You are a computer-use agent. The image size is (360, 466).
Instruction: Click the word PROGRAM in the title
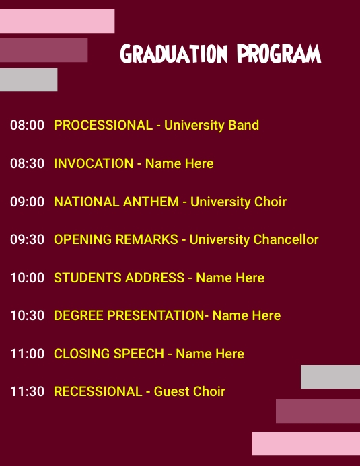pyautogui.click(x=279, y=54)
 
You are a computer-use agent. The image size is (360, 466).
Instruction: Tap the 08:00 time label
pyautogui.click(x=27, y=125)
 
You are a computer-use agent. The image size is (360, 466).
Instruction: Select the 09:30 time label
pyautogui.click(x=27, y=239)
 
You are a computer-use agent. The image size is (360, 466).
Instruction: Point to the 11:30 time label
pyautogui.click(x=27, y=391)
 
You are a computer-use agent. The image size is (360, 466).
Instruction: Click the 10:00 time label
pyautogui.click(x=27, y=278)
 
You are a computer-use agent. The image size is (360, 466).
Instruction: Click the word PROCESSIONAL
pyautogui.click(x=103, y=125)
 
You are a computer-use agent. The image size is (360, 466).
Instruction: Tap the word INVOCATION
pyautogui.click(x=94, y=163)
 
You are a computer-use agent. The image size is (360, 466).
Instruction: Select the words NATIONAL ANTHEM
pyautogui.click(x=116, y=202)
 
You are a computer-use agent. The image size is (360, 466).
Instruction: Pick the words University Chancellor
pyautogui.click(x=254, y=239)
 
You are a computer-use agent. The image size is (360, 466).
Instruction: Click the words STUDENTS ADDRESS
pyautogui.click(x=119, y=278)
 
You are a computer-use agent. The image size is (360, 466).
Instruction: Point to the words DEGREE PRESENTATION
pyautogui.click(x=129, y=315)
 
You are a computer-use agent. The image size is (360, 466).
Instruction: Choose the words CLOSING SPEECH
pyautogui.click(x=109, y=354)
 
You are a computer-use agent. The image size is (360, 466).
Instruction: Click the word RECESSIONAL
pyautogui.click(x=98, y=391)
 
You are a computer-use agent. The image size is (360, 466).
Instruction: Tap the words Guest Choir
pyautogui.click(x=190, y=391)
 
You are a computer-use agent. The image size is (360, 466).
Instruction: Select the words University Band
pyautogui.click(x=211, y=125)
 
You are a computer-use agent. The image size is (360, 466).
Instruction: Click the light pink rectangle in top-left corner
pyautogui.click(x=57, y=21)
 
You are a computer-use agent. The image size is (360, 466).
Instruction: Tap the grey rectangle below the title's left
pyautogui.click(x=28, y=79)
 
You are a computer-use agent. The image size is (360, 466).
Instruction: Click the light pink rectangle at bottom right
pyautogui.click(x=306, y=443)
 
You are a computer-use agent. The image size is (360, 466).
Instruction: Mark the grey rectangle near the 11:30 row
pyautogui.click(x=330, y=377)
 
